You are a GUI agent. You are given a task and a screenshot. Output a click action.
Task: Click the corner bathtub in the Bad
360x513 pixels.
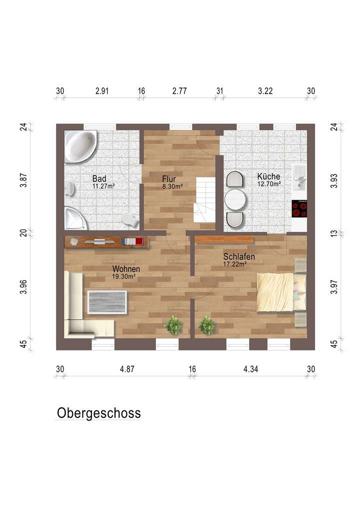coord(80,146)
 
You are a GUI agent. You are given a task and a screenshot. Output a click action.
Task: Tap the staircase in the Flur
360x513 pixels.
coord(205,200)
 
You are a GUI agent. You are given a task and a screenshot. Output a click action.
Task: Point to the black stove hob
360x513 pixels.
coord(299,208)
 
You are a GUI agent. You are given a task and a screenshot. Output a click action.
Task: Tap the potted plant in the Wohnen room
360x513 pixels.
coord(173,325)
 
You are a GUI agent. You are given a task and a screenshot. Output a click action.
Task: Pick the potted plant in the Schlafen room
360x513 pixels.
coord(206,325)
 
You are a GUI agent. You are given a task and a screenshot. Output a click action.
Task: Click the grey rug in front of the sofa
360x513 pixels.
coord(107,302)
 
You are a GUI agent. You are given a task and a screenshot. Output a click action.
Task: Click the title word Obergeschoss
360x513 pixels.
coord(98,413)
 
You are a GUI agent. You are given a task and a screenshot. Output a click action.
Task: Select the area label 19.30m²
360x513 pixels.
coord(126,276)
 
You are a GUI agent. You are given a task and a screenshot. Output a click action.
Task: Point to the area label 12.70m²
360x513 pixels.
coord(269,183)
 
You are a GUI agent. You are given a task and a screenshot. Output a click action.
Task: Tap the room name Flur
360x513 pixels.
coord(168,178)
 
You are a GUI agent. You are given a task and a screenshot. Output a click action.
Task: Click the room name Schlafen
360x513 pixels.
coord(239,256)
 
